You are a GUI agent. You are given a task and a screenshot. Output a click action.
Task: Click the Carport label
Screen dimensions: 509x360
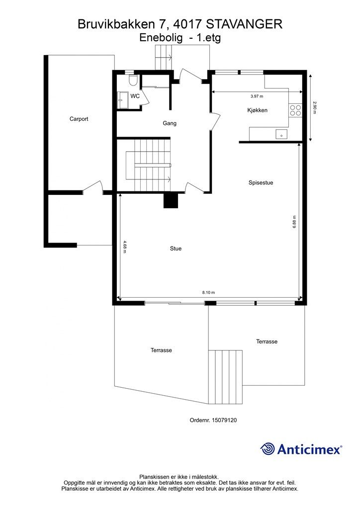(x=79, y=119)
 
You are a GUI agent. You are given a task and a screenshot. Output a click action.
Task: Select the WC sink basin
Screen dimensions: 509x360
(x=121, y=100)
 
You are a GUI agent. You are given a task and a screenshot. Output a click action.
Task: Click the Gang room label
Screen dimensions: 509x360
(x=170, y=123)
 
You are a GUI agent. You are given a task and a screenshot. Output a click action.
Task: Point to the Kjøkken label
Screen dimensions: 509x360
(x=258, y=110)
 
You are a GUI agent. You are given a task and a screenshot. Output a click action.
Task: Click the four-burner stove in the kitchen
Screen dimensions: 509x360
(x=295, y=110)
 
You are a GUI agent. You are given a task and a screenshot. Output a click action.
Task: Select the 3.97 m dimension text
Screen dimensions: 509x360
(x=257, y=96)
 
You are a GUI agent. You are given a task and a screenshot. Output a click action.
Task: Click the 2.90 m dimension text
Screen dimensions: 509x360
(x=314, y=108)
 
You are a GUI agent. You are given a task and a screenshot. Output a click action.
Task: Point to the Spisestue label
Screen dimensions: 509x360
(x=261, y=182)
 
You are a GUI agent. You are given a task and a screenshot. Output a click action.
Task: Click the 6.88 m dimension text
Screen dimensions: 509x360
(x=294, y=221)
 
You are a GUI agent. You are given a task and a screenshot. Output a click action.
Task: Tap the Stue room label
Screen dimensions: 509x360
(x=175, y=249)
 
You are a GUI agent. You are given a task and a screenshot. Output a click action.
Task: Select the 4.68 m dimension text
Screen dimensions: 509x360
(x=124, y=247)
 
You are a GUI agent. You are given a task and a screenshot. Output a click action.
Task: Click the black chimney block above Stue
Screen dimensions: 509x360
(x=171, y=200)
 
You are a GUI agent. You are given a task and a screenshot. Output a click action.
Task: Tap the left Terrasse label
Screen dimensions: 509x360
(x=161, y=350)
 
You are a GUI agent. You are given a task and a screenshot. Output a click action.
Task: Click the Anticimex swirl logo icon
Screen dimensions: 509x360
(x=268, y=449)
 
